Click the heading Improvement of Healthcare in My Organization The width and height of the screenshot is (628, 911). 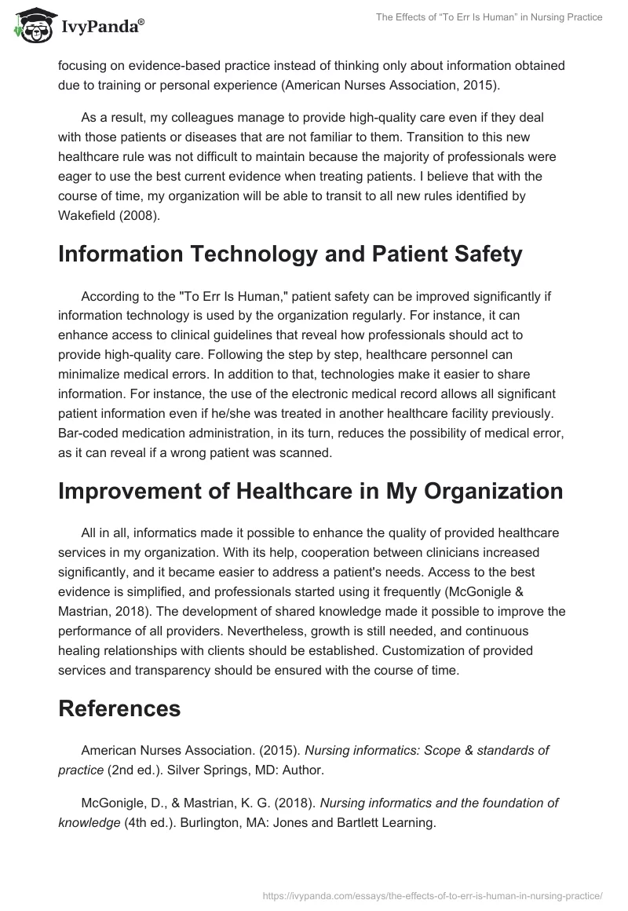tap(311, 491)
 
